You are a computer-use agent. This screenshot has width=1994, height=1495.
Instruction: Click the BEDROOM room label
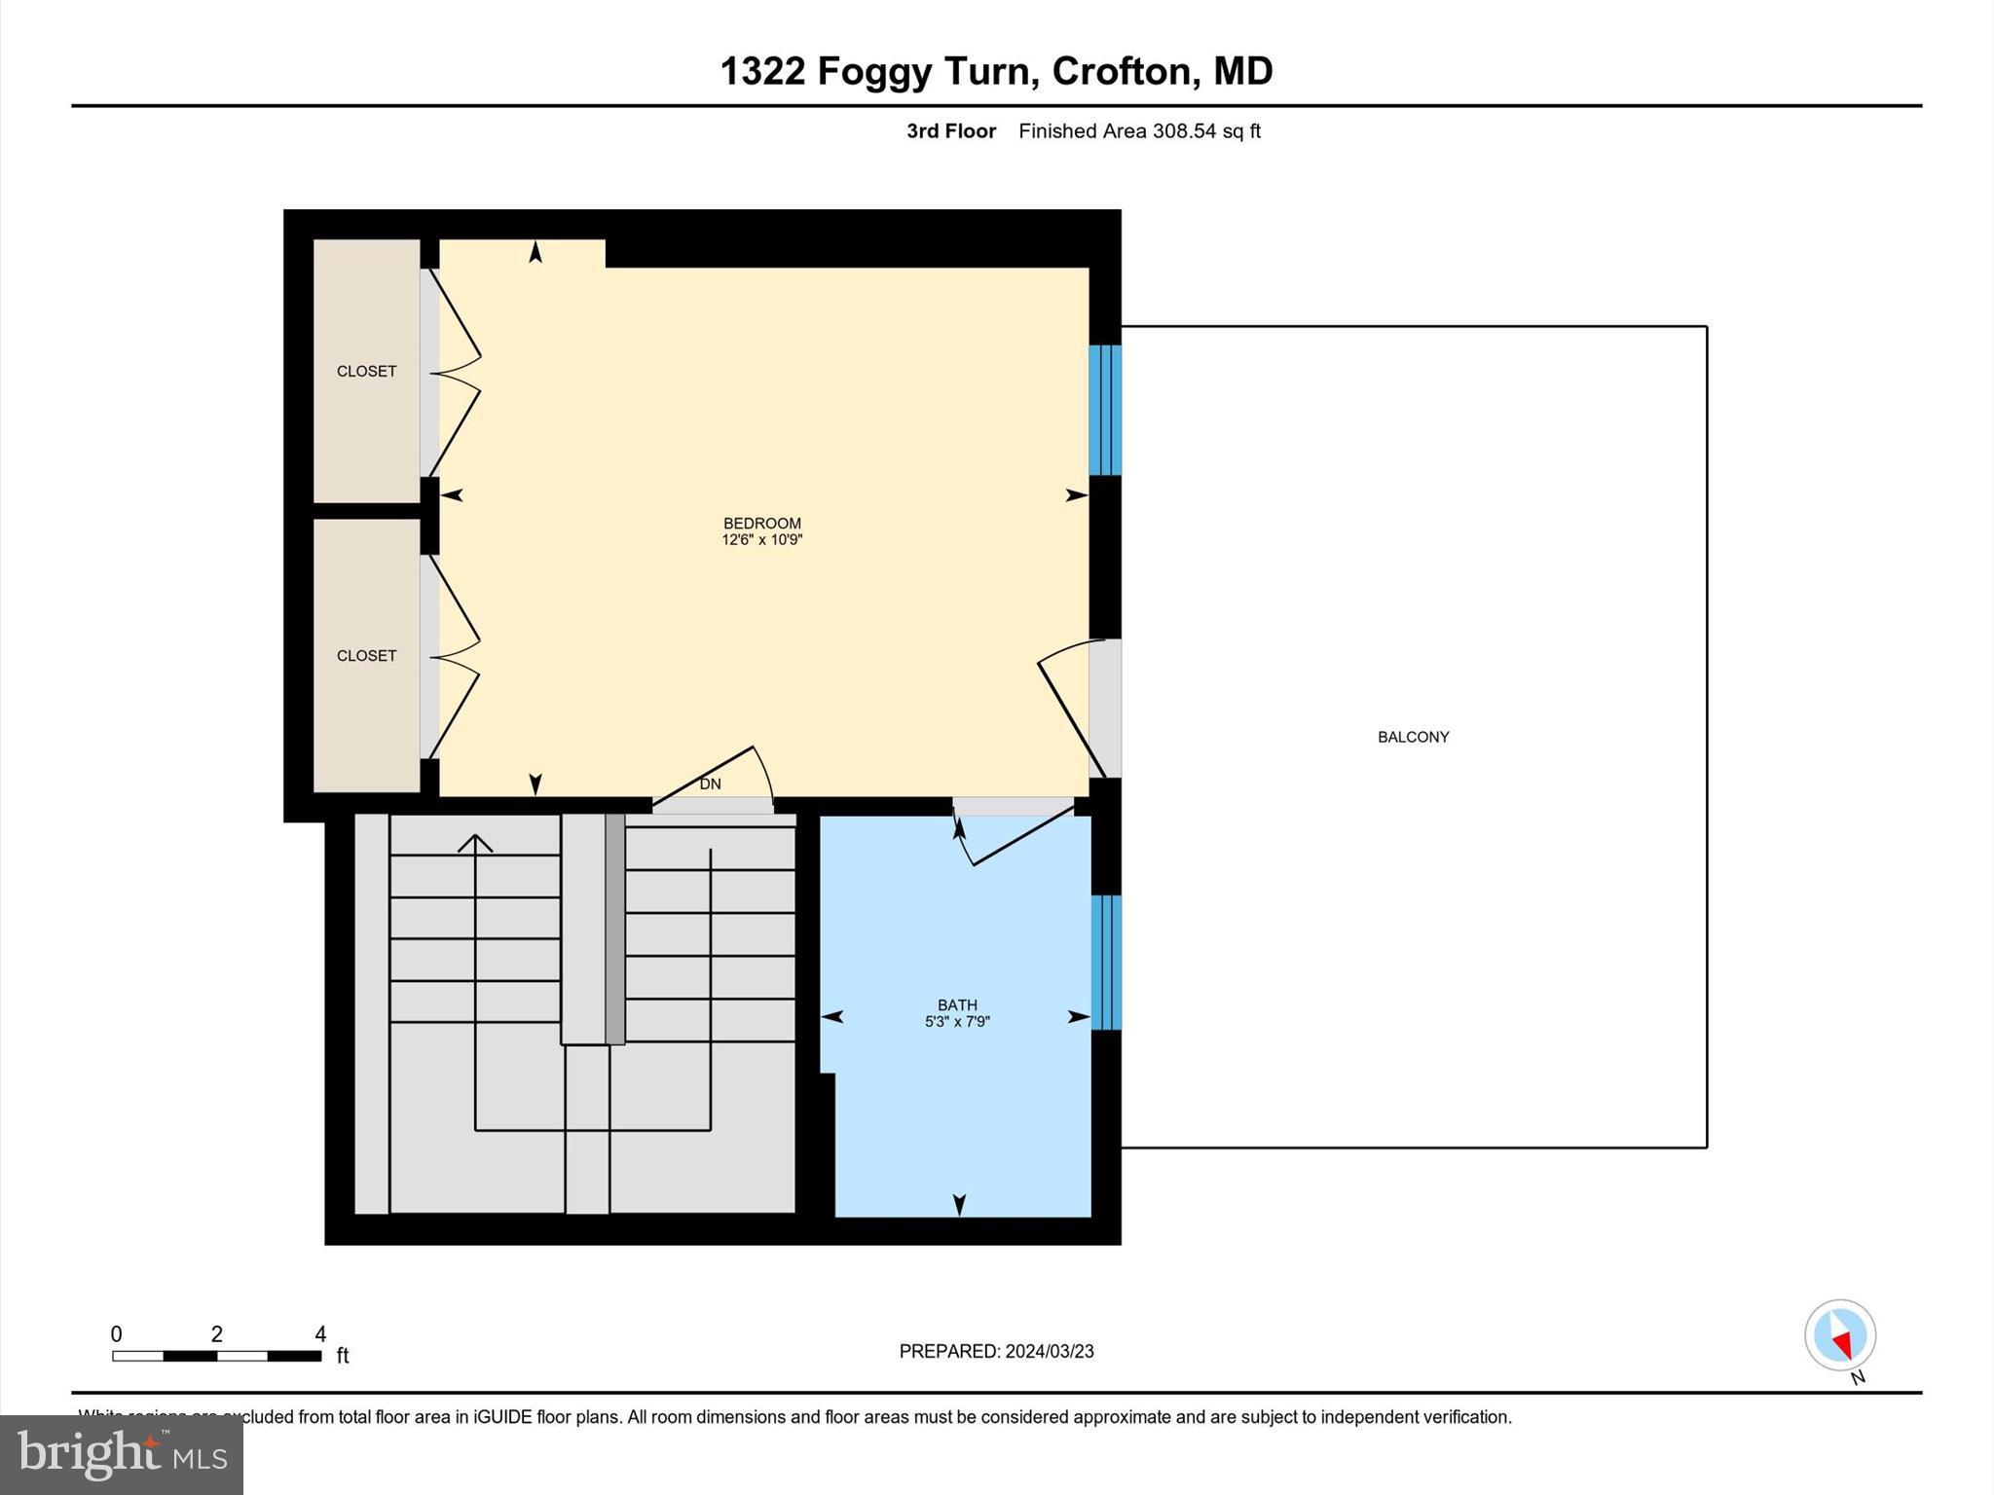coord(761,523)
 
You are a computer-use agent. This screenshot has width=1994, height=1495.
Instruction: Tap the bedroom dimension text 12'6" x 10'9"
coord(761,539)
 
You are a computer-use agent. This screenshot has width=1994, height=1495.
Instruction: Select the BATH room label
coord(957,1004)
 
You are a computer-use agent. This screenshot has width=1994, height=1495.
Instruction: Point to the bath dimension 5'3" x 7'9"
coord(957,1021)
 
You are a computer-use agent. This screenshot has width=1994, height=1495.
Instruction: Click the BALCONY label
coord(1413,737)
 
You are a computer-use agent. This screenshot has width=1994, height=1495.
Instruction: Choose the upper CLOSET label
coord(366,371)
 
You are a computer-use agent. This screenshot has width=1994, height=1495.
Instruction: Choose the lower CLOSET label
coord(366,655)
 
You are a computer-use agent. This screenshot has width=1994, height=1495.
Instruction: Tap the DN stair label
coord(710,784)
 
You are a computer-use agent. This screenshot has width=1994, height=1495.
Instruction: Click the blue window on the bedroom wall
coord(1105,410)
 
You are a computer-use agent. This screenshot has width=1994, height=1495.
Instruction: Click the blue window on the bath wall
coord(1106,962)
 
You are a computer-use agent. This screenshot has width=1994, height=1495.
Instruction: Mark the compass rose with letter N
coord(1840,1336)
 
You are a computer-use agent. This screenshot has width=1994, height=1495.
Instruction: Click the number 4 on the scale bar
coord(320,1333)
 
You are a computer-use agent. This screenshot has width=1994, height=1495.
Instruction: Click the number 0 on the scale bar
coord(116,1333)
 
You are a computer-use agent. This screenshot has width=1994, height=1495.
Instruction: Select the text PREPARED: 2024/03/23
coord(996,1351)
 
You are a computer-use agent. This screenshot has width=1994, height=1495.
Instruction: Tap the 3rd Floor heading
coord(950,130)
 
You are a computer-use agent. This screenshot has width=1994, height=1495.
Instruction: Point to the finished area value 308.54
coord(1184,130)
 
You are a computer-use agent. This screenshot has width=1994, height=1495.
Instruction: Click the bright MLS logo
coord(122,1454)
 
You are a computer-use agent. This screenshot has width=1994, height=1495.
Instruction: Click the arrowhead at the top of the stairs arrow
coord(475,841)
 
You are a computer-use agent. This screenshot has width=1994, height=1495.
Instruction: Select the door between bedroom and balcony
coord(1104,709)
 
